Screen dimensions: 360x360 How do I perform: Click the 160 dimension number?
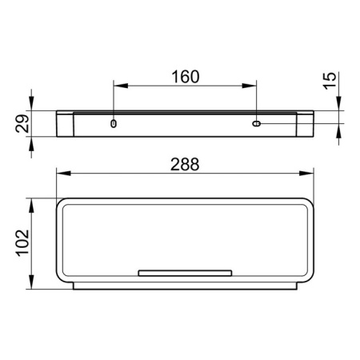pyautogui.click(x=185, y=77)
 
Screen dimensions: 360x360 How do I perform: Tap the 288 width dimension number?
pyautogui.click(x=185, y=164)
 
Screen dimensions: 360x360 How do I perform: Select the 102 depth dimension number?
pyautogui.click(x=22, y=243)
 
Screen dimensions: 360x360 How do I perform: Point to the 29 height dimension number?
pyautogui.click(x=22, y=123)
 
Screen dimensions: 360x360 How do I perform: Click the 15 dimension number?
pyautogui.click(x=330, y=81)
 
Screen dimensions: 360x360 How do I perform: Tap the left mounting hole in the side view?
pyautogui.click(x=114, y=124)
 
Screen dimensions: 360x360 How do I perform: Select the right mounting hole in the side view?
pyautogui.click(x=257, y=124)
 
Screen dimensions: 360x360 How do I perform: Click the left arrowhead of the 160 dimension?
pyautogui.click(x=121, y=86)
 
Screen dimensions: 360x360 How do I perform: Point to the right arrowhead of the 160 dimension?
pyautogui.click(x=250, y=86)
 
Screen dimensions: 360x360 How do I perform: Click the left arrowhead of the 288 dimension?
pyautogui.click(x=64, y=174)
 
